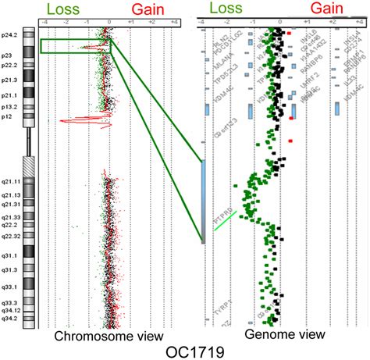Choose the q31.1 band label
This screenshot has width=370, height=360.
tap(9, 254)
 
